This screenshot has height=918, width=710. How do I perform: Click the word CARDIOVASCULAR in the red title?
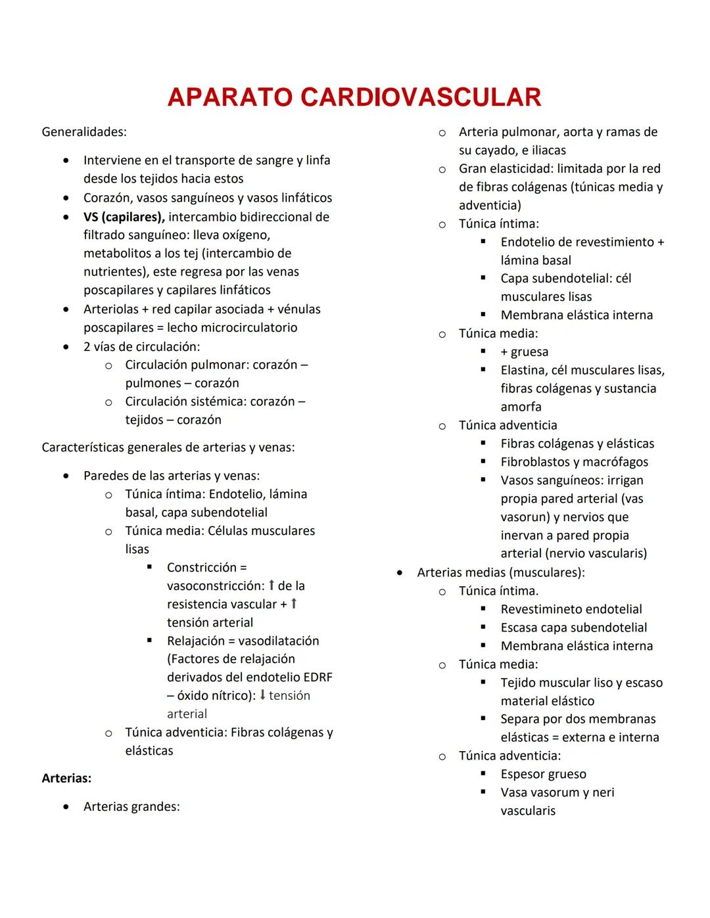click(421, 97)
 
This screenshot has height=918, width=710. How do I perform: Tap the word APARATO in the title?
click(230, 97)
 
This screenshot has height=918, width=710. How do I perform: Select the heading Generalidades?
click(84, 132)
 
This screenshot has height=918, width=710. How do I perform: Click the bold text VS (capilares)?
click(124, 217)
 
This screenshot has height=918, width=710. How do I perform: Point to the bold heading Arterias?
click(66, 778)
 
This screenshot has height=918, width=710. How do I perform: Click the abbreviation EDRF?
click(318, 677)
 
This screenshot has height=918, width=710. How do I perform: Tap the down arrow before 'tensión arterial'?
click(262, 695)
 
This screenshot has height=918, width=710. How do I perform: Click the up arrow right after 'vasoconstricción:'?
click(271, 585)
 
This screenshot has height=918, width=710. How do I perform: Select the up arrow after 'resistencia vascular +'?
click(293, 603)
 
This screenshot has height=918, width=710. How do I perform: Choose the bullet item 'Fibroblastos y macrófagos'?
click(574, 462)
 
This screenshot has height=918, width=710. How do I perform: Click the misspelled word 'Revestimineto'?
click(540, 609)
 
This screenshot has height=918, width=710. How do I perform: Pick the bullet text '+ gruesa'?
click(524, 352)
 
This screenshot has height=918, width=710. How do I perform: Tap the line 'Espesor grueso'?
click(543, 774)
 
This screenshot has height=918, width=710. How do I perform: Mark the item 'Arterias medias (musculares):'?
click(500, 572)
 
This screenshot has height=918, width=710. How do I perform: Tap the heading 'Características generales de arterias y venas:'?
click(168, 448)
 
